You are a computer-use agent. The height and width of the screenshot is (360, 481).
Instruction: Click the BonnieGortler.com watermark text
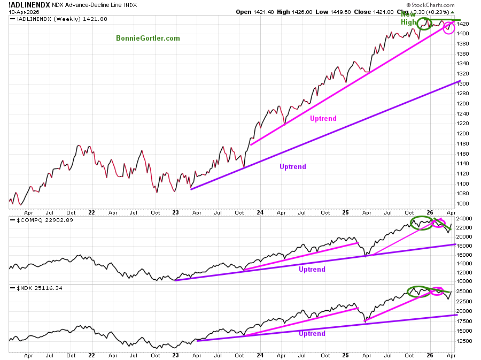coord(148,39)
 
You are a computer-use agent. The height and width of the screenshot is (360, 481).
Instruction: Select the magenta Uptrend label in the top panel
coord(323,119)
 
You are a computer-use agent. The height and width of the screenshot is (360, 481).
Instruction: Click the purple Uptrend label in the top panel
coord(293,167)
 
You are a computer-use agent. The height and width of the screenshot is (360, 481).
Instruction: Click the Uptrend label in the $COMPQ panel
coord(312,270)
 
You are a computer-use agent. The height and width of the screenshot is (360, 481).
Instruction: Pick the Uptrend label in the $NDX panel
coord(312,334)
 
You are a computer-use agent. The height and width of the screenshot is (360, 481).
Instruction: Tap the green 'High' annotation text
coord(408,22)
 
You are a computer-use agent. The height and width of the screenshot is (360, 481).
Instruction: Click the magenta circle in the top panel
coord(449,28)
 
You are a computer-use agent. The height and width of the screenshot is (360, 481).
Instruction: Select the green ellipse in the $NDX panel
coord(417,292)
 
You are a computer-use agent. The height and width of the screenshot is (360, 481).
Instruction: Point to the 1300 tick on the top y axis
coord(463,84)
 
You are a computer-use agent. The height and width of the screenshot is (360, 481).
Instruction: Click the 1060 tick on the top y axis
coord(463,204)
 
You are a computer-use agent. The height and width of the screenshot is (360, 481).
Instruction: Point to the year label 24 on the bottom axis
coord(261,212)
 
